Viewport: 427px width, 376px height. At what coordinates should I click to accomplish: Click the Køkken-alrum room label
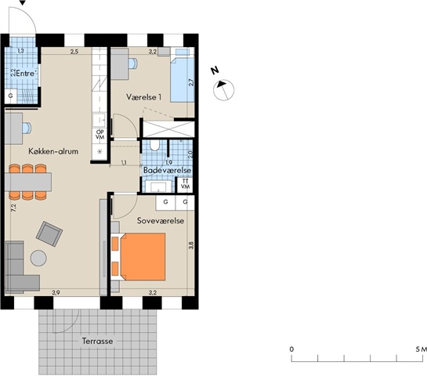(x=53, y=151)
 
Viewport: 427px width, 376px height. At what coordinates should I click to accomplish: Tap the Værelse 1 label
(x=144, y=97)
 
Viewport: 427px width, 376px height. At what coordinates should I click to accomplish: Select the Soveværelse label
(x=161, y=221)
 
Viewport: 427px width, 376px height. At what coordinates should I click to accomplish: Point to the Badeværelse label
(x=167, y=171)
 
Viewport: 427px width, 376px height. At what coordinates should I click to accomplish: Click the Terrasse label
(x=97, y=342)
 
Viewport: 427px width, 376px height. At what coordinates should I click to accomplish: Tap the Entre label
(x=26, y=74)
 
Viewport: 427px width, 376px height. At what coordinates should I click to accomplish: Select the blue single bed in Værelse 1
(x=183, y=76)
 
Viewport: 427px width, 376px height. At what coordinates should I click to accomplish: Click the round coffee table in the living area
(x=38, y=258)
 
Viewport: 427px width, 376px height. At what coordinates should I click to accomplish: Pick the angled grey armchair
(x=49, y=234)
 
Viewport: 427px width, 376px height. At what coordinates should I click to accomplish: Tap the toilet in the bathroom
(x=154, y=146)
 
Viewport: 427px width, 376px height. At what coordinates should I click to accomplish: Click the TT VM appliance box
(x=185, y=184)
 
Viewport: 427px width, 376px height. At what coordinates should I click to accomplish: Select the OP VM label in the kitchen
(x=100, y=135)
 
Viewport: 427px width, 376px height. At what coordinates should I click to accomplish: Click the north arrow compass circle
(x=223, y=90)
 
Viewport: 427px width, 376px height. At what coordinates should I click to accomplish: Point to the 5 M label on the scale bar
(x=421, y=349)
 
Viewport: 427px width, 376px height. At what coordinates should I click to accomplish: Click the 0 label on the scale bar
(x=291, y=349)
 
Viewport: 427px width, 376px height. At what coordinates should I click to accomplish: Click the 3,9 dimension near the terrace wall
(x=56, y=293)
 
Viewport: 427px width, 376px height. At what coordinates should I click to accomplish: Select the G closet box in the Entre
(x=11, y=96)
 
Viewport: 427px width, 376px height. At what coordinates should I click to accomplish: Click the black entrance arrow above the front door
(x=23, y=2)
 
